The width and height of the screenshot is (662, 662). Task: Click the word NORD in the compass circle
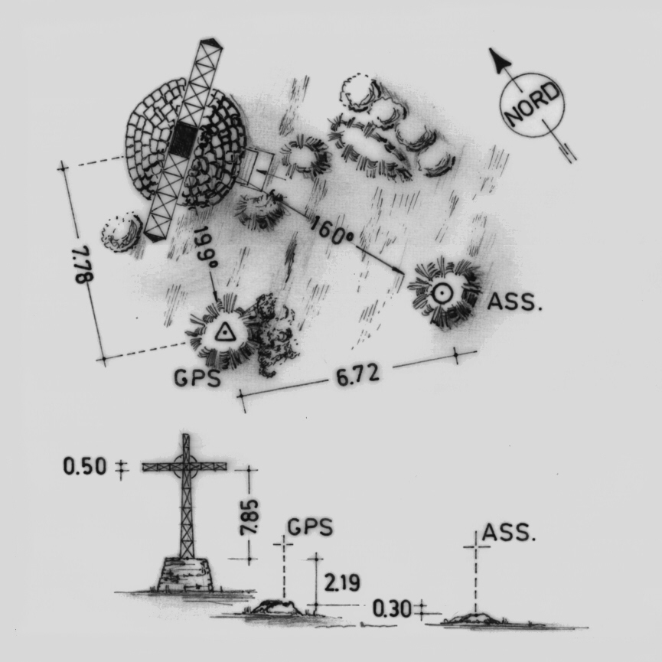click(x=533, y=105)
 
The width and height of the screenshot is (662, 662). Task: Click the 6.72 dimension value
click(x=357, y=375)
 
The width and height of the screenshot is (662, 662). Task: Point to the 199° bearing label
click(x=206, y=248)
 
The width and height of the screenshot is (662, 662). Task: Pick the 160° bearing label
click(x=332, y=230)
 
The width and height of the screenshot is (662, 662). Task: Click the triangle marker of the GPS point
click(x=224, y=333)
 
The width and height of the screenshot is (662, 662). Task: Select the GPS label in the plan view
click(x=197, y=378)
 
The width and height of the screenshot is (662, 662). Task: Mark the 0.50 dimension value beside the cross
click(x=84, y=467)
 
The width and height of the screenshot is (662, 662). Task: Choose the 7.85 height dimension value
click(x=249, y=517)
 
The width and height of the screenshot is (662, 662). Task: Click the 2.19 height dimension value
click(x=342, y=583)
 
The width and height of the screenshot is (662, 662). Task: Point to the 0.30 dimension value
click(x=391, y=608)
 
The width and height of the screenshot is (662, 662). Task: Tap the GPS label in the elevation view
click(x=310, y=527)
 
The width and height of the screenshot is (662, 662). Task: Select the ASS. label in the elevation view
click(x=508, y=533)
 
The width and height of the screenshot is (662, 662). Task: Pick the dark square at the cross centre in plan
click(x=183, y=139)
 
